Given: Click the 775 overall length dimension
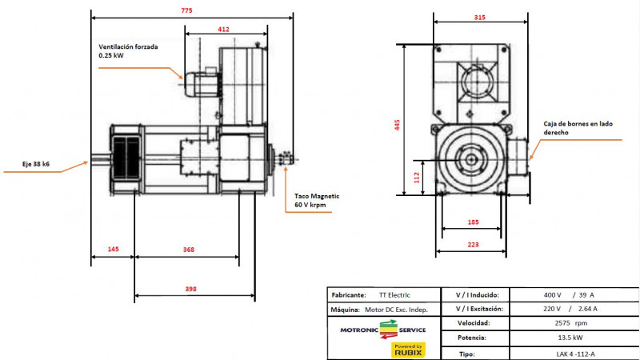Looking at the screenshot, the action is tap(186, 10).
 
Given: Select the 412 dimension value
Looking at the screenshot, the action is tap(223, 30).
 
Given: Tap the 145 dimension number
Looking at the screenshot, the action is tap(113, 249).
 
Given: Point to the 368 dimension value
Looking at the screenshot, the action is tap(189, 250).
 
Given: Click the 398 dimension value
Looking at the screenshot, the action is tap(190, 289).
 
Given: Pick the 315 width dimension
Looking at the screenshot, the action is tap(479, 18).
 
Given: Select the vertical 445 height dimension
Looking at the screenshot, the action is tap(397, 125).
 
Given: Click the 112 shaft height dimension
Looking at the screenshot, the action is tap(416, 177).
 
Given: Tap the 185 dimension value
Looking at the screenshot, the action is tap(473, 222).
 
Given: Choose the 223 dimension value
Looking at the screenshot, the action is tap(473, 245).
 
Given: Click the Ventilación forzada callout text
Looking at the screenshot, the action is tap(128, 51).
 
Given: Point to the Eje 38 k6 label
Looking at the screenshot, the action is tap(36, 164).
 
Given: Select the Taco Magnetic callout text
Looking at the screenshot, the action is tap(317, 201).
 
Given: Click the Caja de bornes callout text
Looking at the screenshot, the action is tap(578, 128).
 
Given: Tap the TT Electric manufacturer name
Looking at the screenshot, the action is tap(394, 295).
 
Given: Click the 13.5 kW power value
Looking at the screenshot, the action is tap(570, 338).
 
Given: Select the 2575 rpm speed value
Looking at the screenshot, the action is tap(570, 323).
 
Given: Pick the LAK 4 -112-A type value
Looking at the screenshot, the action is tap(575, 354).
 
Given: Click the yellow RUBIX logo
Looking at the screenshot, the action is tap(408, 350).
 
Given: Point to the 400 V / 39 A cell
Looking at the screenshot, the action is tap(569, 295).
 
